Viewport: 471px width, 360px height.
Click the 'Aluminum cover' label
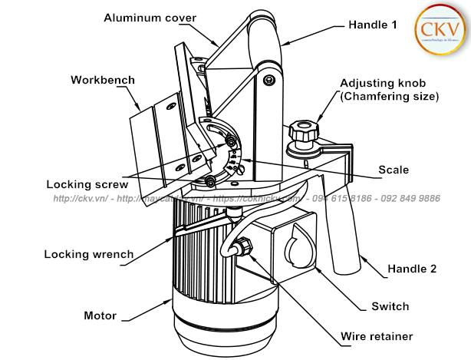[150, 18]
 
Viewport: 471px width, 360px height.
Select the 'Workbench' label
[103, 80]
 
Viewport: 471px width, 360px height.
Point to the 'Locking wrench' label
[88, 254]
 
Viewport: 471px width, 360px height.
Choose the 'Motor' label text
[100, 315]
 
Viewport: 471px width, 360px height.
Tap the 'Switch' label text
[390, 306]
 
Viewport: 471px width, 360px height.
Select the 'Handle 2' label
[411, 269]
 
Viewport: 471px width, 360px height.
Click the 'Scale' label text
[394, 170]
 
